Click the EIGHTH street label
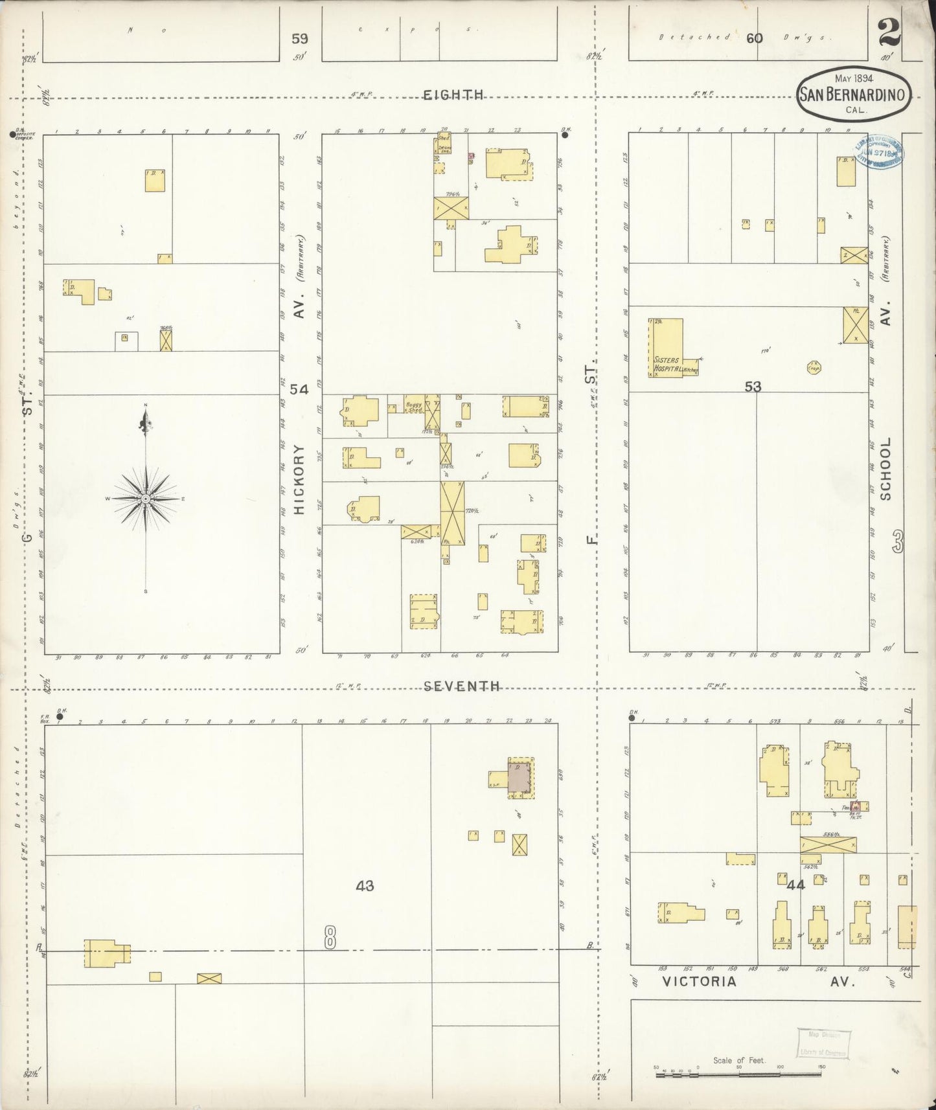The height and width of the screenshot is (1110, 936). [453, 95]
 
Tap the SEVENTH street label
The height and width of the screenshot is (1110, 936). [462, 686]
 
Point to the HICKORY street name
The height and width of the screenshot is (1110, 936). [299, 479]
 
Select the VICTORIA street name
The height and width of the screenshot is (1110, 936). [699, 981]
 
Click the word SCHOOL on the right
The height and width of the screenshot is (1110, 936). [885, 468]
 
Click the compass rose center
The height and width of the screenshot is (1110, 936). [146, 498]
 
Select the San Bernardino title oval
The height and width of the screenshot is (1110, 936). [853, 94]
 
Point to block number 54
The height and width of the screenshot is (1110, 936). [299, 389]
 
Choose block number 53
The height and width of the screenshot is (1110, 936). [752, 387]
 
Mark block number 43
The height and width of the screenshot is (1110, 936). [365, 885]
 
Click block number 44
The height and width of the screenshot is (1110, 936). [795, 884]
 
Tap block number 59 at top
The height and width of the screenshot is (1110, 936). [299, 39]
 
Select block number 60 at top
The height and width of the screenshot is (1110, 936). [754, 38]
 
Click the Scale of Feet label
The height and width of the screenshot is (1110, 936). [739, 1060]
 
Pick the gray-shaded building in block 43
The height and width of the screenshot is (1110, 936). [518, 777]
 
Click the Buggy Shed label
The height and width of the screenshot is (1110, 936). [414, 407]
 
